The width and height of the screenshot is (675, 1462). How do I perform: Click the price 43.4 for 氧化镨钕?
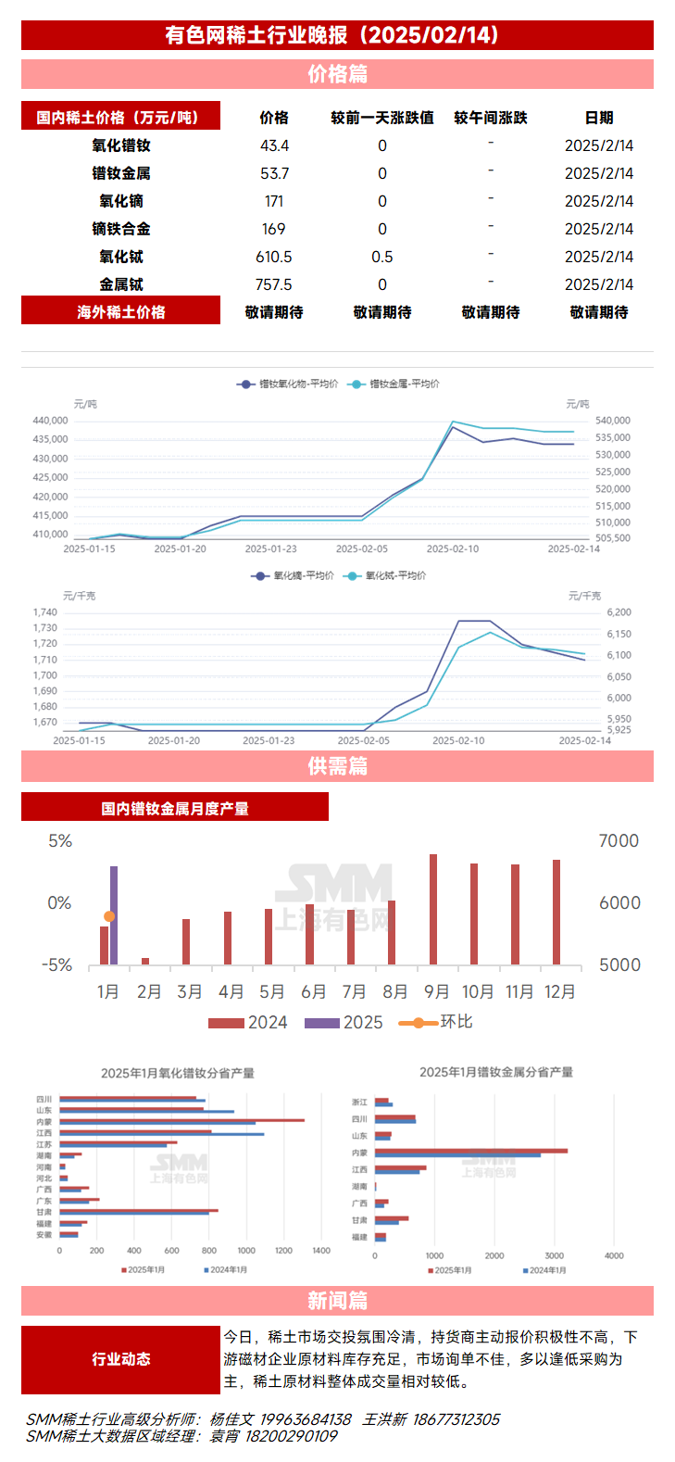pyautogui.click(x=274, y=145)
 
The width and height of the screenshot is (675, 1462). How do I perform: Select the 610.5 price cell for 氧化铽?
pyautogui.click(x=274, y=257)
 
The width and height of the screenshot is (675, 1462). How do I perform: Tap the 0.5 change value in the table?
pyautogui.click(x=381, y=257)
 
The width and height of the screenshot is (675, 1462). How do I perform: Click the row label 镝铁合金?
pyautogui.click(x=121, y=229)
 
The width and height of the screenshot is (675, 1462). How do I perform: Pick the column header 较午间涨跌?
pyautogui.click(x=490, y=118)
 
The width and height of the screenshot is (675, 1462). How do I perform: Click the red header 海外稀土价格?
pyautogui.click(x=121, y=312)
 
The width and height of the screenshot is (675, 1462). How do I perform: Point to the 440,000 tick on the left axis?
pyautogui.click(x=51, y=421)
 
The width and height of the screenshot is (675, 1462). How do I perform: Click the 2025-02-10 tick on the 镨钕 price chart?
pyautogui.click(x=453, y=548)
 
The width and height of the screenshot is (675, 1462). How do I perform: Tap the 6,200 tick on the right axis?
pyautogui.click(x=619, y=612)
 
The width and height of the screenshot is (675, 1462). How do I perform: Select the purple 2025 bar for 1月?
pyautogui.click(x=114, y=915)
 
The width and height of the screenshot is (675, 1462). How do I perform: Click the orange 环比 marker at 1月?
pyautogui.click(x=109, y=916)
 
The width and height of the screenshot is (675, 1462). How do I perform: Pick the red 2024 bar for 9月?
pyautogui.click(x=433, y=909)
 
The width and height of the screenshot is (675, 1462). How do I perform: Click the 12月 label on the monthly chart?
pyautogui.click(x=559, y=991)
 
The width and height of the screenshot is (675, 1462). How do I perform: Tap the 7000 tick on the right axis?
pyautogui.click(x=619, y=841)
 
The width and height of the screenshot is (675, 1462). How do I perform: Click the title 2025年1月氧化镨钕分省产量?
pyautogui.click(x=178, y=1073)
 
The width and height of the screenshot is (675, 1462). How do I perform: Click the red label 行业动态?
pyautogui.click(x=121, y=1359)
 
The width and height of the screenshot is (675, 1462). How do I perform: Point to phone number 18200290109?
pyautogui.click(x=291, y=1436)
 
